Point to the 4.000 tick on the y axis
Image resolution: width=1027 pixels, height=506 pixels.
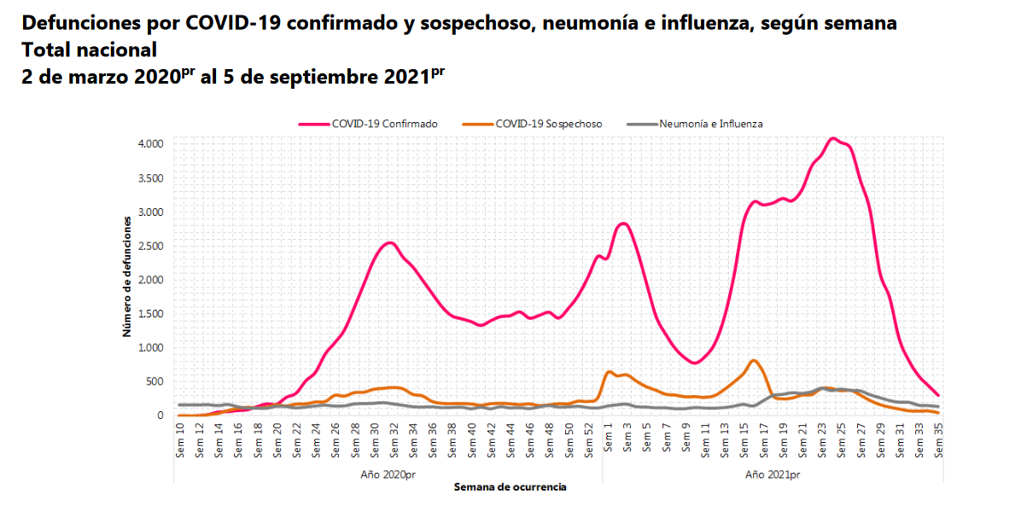pos(152,143)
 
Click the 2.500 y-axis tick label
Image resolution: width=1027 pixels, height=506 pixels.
pos(152,246)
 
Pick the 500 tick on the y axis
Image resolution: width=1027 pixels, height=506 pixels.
pos(155,381)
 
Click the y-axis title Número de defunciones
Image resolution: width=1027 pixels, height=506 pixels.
pos(126,276)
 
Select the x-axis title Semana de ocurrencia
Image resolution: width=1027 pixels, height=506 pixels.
pos(511,487)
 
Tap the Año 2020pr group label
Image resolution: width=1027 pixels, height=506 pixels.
pos(389,474)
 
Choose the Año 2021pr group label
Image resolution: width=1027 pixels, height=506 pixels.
pos(773,474)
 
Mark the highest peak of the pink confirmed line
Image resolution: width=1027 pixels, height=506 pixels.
pos(833,138)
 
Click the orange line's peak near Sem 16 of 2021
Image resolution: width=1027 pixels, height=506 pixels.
pos(754,360)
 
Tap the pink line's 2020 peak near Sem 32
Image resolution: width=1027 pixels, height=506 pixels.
pos(389,243)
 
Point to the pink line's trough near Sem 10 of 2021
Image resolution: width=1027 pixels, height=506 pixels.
pos(695,363)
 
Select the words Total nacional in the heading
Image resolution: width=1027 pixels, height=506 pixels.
pos(90,49)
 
